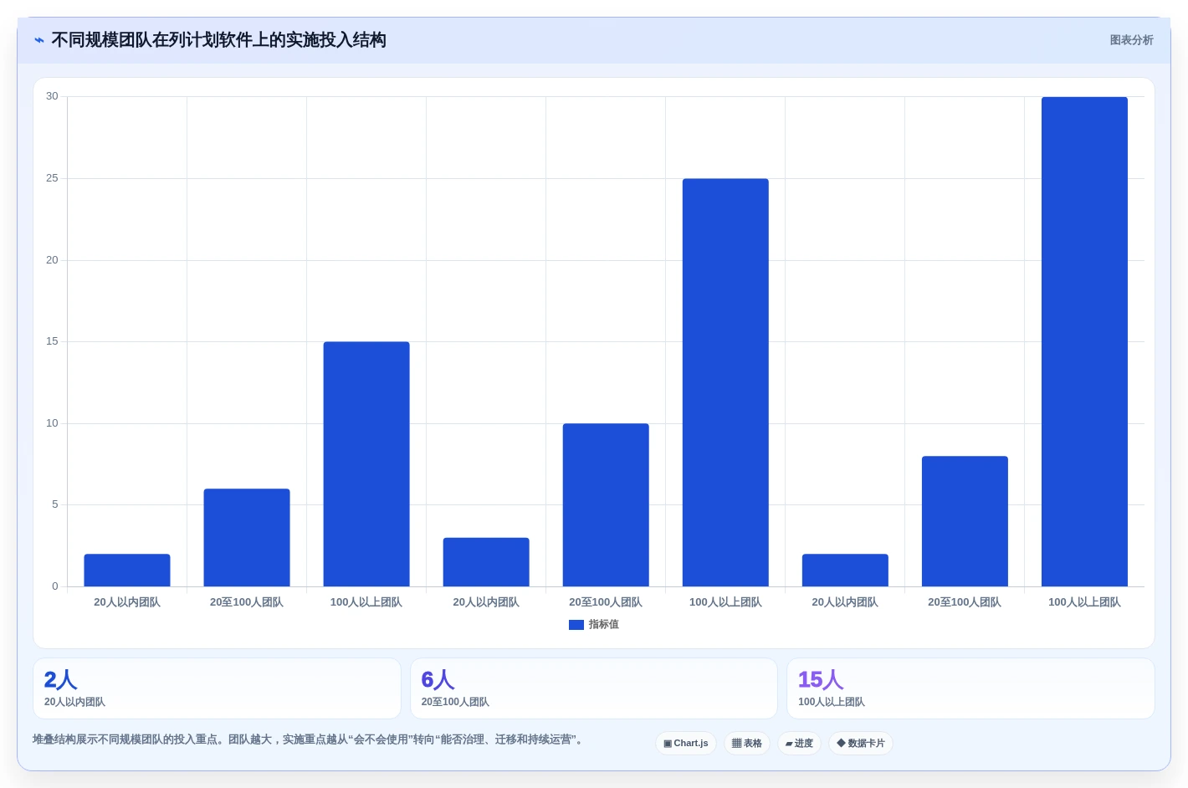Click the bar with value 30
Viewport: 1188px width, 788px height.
[1084, 341]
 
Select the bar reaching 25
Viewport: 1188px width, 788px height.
[725, 382]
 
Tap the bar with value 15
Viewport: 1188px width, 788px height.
[366, 464]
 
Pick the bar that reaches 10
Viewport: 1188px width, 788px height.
[606, 504]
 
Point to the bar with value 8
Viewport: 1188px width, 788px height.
[965, 521]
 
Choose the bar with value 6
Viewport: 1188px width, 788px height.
[247, 538]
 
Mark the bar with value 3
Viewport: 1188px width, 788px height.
[486, 562]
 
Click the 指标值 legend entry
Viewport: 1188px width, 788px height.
[593, 624]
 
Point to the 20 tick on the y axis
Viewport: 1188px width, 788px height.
[52, 260]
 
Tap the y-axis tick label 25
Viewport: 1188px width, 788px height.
[52, 178]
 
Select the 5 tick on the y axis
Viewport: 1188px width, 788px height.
[55, 504]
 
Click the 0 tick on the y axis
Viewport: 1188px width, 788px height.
[55, 586]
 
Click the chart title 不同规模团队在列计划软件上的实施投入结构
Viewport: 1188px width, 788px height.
[218, 40]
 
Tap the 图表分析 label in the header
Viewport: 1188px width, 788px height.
[1131, 40]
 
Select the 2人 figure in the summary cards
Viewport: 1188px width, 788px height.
[60, 679]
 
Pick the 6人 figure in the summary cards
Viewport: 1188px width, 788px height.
[438, 679]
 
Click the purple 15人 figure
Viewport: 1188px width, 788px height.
[821, 679]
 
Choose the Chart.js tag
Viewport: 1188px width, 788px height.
[686, 743]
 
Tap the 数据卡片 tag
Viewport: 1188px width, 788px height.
[860, 743]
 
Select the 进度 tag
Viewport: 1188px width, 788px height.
[799, 743]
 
